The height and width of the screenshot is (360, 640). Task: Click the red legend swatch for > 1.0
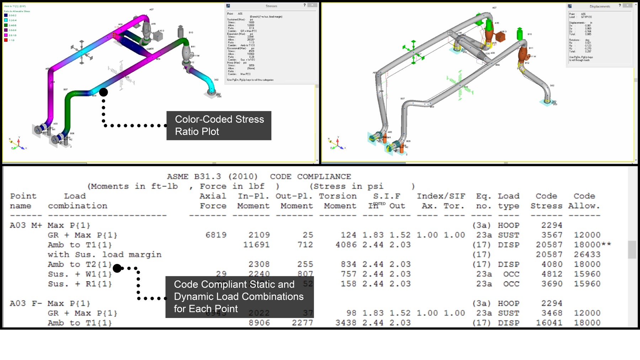(x=6, y=40)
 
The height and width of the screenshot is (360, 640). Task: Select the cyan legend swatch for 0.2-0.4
(x=6, y=20)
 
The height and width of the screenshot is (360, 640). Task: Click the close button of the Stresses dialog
(x=312, y=5)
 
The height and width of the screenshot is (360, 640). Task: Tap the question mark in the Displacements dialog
(x=620, y=5)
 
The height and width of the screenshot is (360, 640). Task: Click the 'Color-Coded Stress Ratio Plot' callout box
(x=219, y=125)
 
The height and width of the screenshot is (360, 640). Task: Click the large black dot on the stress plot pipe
(x=103, y=92)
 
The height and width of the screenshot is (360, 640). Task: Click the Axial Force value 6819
(x=216, y=235)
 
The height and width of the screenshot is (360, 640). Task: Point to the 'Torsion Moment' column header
(x=337, y=201)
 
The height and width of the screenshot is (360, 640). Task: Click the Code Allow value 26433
(x=587, y=255)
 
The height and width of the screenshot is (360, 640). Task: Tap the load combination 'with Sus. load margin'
(x=105, y=255)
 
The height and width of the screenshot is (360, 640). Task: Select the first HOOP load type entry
(x=508, y=225)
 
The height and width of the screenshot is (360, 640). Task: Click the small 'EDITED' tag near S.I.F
(x=379, y=204)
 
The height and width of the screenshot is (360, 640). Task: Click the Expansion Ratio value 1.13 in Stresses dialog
(x=251, y=42)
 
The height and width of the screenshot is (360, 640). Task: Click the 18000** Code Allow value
(x=592, y=245)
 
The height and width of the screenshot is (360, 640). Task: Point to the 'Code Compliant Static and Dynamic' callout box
(x=239, y=297)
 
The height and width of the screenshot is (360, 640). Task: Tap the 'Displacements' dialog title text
(x=599, y=6)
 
